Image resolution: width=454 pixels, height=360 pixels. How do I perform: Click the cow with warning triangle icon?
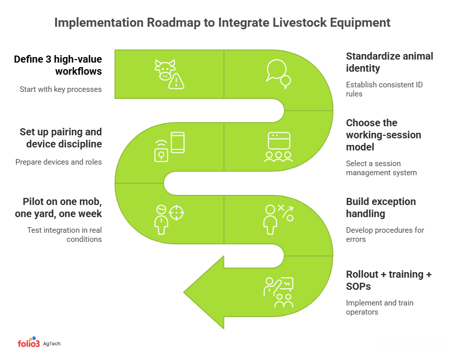pyautogui.click(x=169, y=74)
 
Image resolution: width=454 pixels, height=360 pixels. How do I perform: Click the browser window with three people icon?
pyautogui.click(x=278, y=147)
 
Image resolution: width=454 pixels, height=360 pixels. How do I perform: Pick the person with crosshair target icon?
pyautogui.click(x=169, y=219)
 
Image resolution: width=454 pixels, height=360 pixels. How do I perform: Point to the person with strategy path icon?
pyautogui.click(x=278, y=219)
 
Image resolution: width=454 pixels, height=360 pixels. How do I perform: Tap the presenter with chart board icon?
pyautogui.click(x=278, y=292)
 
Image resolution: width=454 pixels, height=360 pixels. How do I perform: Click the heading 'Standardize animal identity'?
pyautogui.click(x=389, y=62)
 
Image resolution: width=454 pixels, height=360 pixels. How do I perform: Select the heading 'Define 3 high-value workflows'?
pyautogui.click(x=58, y=65)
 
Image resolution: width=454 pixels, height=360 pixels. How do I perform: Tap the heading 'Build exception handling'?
pyautogui.click(x=381, y=208)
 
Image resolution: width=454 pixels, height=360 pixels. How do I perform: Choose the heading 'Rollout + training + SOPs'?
pyautogui.click(x=389, y=280)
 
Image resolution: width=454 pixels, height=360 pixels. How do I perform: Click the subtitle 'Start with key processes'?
pyautogui.click(x=61, y=89)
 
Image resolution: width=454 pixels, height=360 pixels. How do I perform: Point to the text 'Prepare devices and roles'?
pyautogui.click(x=59, y=162)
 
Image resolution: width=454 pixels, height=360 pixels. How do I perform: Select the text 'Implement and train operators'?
pyautogui.click(x=379, y=307)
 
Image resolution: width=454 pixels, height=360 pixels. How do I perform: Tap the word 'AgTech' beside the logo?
pyautogui.click(x=51, y=344)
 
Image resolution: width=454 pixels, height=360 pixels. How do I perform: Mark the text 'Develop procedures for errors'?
pyautogui.click(x=385, y=235)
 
